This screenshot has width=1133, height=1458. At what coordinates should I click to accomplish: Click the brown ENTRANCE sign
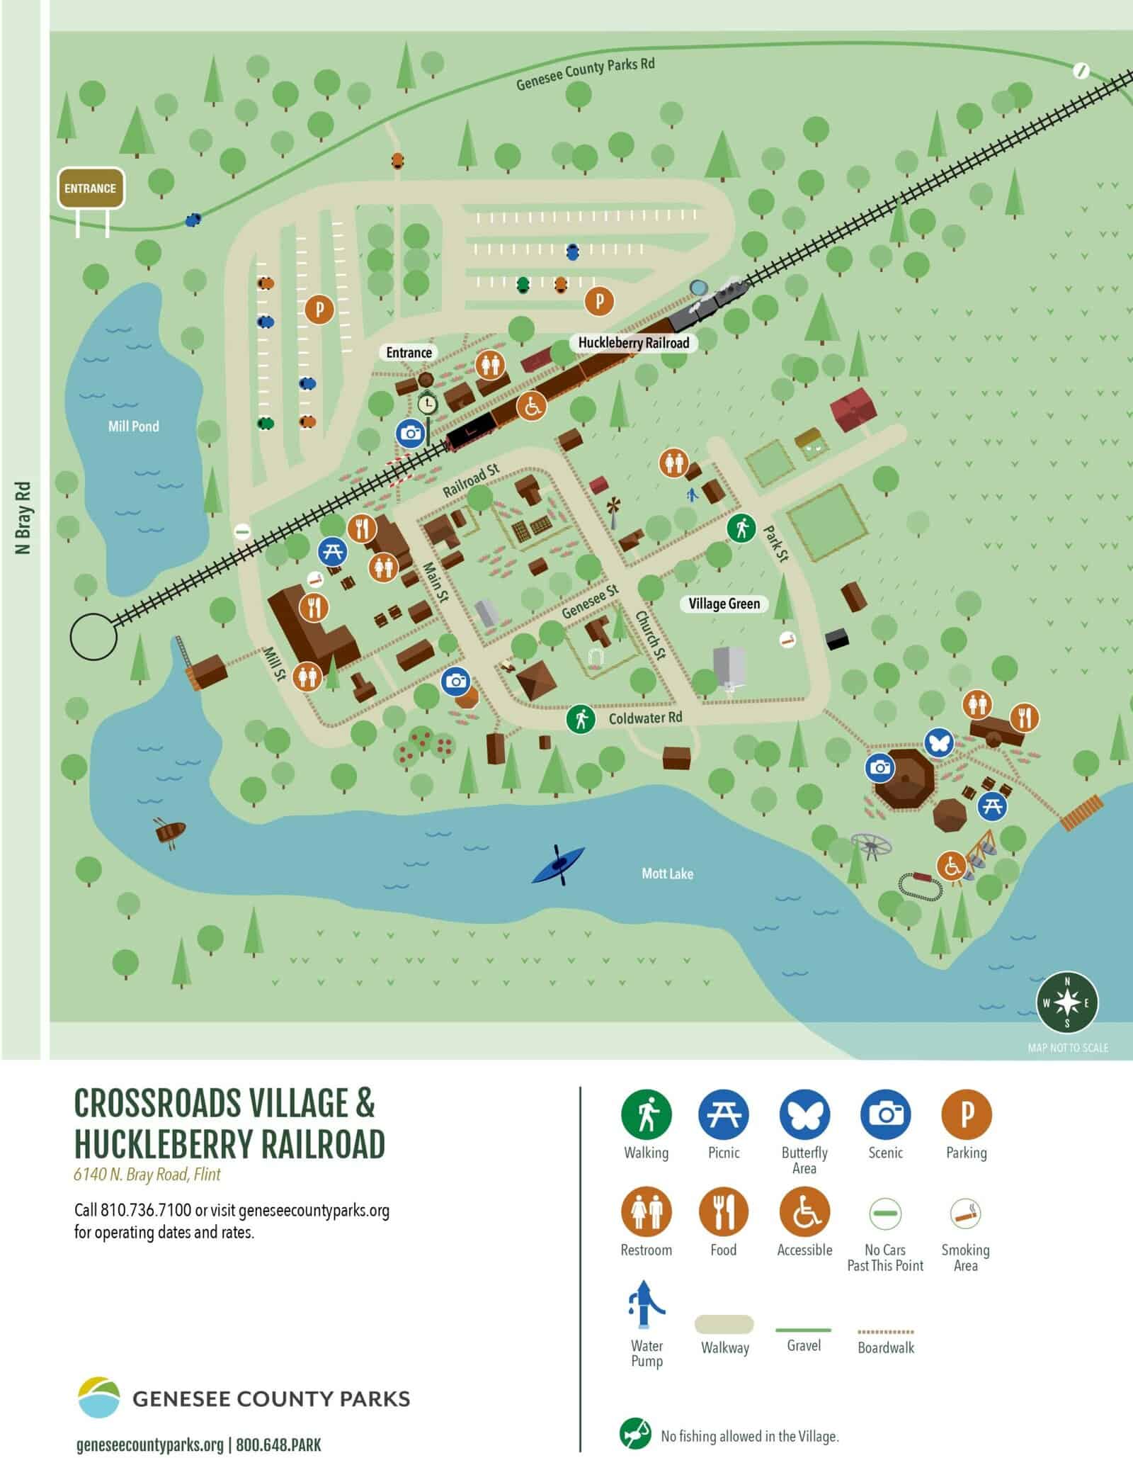tap(91, 188)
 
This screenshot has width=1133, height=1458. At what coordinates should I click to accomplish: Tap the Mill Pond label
tap(133, 426)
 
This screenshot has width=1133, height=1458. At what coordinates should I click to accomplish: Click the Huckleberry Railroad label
tap(633, 343)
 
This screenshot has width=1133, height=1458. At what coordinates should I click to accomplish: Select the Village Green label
tap(724, 604)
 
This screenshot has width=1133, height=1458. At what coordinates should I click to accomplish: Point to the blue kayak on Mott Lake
tap(559, 864)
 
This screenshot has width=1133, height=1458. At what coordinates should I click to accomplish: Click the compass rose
tap(1067, 1002)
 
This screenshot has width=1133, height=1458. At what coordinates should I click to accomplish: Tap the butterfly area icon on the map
tap(940, 742)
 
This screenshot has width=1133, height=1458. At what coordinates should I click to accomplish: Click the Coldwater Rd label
tap(645, 718)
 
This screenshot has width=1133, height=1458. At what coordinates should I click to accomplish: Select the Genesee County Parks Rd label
tap(585, 74)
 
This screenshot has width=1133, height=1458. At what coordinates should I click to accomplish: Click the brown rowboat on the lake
tap(170, 832)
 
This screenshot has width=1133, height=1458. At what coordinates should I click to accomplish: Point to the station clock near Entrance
tap(427, 404)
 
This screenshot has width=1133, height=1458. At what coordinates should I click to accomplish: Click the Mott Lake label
tap(667, 874)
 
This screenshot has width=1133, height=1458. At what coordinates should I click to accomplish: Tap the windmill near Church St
tap(613, 509)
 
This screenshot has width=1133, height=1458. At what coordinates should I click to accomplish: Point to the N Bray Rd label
tap(24, 518)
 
